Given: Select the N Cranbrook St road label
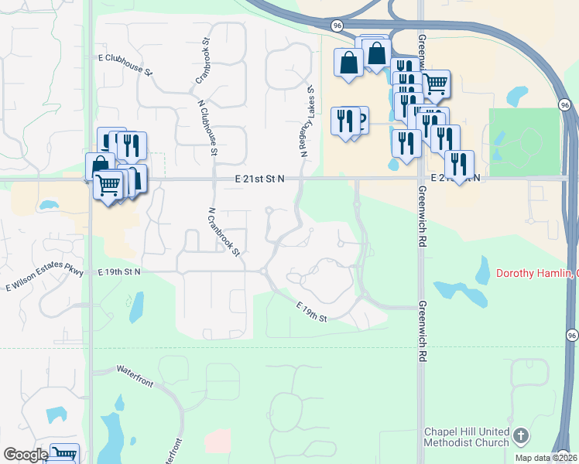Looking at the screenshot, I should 224,231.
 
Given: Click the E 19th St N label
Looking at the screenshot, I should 119,272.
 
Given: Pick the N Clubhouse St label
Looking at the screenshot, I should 207,127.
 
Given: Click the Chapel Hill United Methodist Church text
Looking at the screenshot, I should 467,437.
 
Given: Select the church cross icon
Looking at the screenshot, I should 521,437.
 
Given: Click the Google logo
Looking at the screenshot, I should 26,455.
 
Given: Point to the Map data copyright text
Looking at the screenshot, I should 546,458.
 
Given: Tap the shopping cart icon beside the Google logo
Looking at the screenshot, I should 65,454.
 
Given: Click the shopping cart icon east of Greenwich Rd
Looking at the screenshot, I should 436,82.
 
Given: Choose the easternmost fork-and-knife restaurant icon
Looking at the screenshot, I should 460,164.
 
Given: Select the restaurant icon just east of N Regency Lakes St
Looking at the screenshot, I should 345,120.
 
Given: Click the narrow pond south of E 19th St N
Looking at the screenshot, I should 136,307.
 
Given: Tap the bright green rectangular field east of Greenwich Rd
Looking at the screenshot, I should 524,142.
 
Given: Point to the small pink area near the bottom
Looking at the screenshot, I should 218,441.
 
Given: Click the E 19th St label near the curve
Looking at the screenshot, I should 312,313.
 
